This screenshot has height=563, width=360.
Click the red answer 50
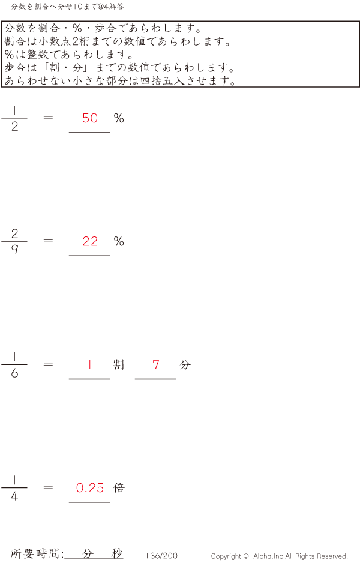[90, 118]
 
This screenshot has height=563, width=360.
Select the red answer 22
[90, 241]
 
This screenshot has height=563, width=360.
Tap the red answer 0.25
[90, 488]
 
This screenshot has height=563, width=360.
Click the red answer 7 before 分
[156, 364]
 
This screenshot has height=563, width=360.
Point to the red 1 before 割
[90, 364]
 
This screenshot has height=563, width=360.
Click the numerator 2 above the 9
[14, 233]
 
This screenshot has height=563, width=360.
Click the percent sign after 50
[119, 118]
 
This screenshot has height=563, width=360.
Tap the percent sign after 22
[119, 241]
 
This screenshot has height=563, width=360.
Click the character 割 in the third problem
[118, 364]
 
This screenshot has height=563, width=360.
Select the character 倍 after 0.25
[119, 488]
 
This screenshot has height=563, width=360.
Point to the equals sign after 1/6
[49, 364]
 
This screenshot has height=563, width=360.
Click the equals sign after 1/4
[49, 488]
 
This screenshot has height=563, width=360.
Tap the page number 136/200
[161, 556]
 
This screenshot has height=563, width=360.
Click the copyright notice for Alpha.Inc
[279, 556]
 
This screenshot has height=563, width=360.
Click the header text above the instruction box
[68, 7]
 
